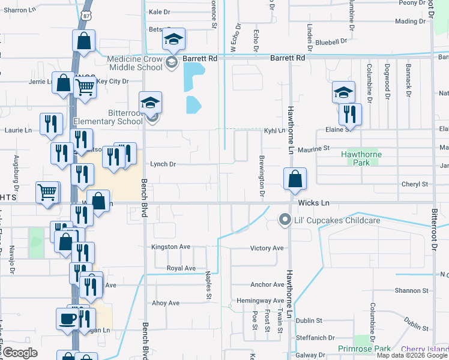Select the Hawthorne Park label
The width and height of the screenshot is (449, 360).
tap(362, 158)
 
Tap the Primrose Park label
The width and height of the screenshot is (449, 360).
tap(364, 349)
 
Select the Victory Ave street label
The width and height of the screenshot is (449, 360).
tap(267, 248)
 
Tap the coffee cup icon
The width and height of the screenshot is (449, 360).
tap(67, 318)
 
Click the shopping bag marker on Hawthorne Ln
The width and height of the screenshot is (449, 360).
tap(295, 179)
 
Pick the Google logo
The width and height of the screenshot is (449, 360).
tap(20, 353)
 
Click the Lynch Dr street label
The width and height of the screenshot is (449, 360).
tap(163, 164)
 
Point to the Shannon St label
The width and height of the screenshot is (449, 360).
tap(412, 290)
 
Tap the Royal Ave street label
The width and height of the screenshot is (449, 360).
tap(181, 268)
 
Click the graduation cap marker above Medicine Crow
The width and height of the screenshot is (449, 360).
tap(173, 40)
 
